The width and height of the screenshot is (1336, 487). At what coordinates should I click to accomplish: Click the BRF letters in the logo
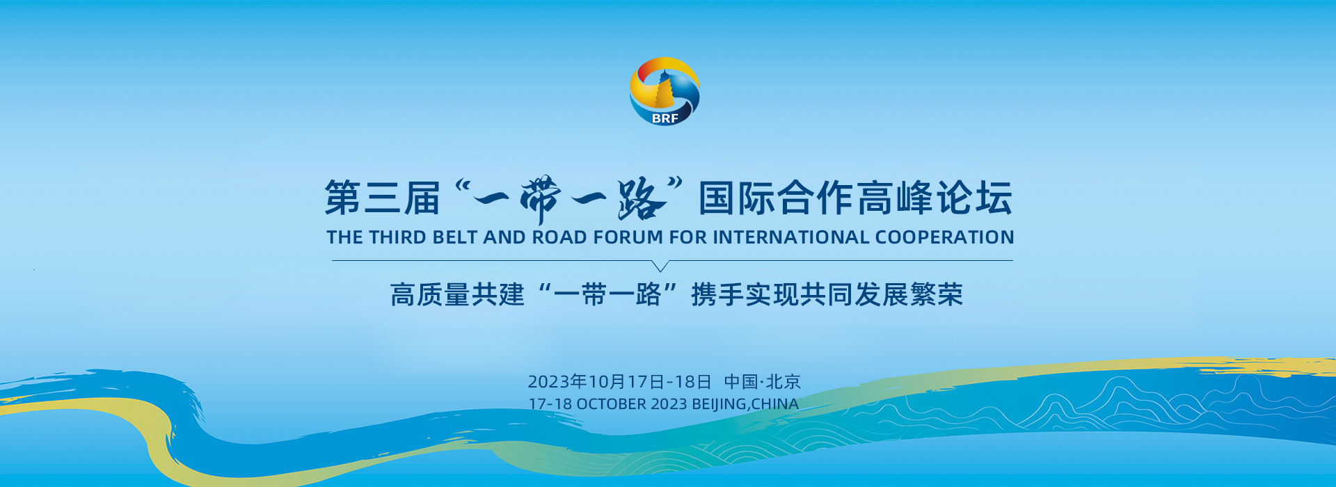[665, 118]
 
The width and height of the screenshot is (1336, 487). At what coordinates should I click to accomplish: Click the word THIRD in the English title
[397, 237]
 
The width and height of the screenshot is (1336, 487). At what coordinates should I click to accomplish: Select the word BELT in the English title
[455, 237]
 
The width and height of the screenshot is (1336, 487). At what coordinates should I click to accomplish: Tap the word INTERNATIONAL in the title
[790, 237]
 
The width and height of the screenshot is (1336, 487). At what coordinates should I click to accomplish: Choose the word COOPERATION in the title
[944, 237]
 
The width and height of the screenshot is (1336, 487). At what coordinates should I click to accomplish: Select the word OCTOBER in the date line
[611, 404]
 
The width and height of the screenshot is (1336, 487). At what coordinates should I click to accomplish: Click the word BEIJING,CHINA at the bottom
[745, 404]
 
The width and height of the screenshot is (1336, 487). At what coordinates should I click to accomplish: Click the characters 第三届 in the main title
[383, 198]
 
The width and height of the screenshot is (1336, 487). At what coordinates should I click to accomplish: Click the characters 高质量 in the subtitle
[431, 295]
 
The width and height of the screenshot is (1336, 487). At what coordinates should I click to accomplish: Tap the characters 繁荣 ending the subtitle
[936, 295]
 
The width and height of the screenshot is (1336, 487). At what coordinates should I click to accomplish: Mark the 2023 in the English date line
[669, 404]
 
